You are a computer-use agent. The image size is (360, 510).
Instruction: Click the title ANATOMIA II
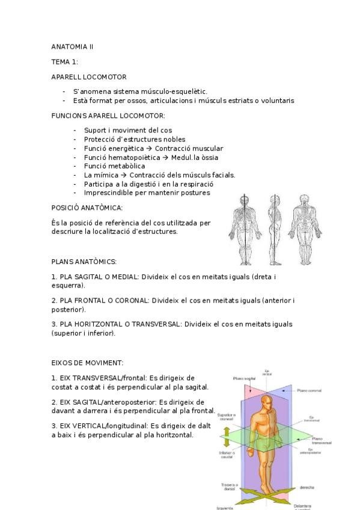72,46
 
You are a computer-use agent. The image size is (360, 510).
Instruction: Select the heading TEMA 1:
65,61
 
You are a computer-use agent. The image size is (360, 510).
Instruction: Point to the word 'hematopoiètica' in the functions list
132,157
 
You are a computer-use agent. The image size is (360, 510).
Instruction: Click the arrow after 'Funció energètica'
150,148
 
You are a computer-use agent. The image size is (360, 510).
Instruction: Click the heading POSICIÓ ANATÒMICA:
87,208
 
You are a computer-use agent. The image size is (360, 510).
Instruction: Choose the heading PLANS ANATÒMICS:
84,262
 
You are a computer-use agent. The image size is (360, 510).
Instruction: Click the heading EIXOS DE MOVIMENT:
88,363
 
